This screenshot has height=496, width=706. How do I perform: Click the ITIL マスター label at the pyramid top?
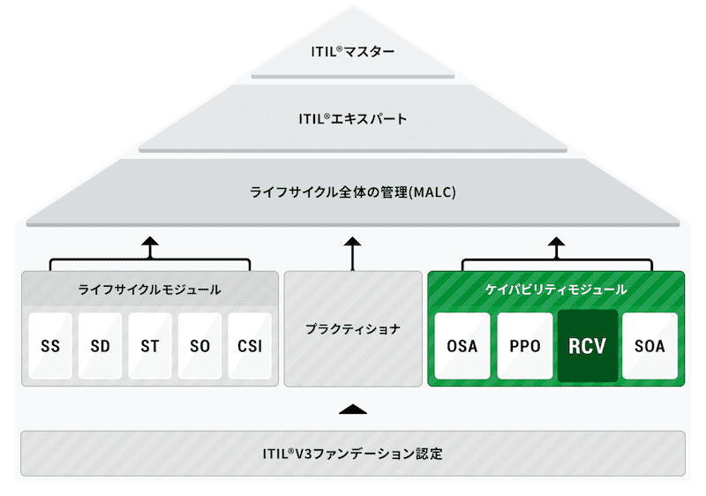352,51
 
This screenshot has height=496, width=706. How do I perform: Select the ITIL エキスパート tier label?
352,119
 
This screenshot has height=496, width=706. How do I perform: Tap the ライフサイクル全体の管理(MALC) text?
352,192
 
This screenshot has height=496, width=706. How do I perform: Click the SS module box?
50,346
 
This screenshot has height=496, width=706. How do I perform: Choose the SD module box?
100,346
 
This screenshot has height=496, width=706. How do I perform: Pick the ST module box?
150,346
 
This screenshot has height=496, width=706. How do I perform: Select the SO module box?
200,346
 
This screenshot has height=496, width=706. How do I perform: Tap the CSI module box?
250,346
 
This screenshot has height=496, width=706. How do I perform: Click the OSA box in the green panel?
462,346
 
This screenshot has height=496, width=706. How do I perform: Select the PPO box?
525,346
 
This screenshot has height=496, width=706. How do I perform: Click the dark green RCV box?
588,346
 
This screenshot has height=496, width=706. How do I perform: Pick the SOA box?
650,346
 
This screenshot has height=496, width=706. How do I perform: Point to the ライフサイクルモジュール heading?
149,289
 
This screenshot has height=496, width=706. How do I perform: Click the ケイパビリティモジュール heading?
556,289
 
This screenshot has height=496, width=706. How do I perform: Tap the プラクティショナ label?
352,329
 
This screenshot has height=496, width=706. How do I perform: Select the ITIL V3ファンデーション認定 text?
352,454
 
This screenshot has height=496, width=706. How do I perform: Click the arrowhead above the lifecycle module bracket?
150,241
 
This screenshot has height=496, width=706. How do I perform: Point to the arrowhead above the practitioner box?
352,241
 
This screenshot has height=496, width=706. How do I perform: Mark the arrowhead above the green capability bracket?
557,241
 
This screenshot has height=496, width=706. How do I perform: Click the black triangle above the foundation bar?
353,410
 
